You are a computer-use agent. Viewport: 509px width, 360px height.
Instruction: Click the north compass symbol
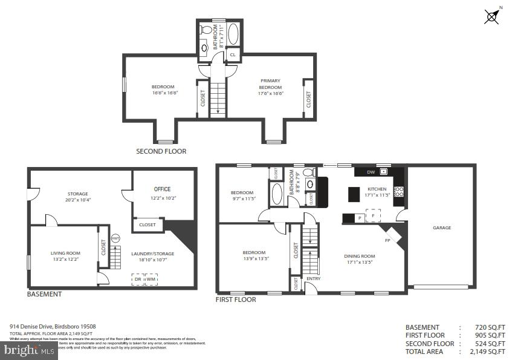(492, 16)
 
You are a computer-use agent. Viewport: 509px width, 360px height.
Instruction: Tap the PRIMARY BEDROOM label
(270, 87)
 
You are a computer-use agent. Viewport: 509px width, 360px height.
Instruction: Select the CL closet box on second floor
(233, 54)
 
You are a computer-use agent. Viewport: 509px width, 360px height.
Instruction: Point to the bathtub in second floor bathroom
(233, 34)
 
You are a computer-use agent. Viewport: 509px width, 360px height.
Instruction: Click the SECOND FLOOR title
(161, 151)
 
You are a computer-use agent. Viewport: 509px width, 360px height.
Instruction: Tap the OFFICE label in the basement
(162, 189)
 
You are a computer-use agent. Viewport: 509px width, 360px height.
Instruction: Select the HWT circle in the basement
(115, 238)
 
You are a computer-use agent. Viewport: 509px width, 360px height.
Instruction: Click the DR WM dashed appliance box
(145, 279)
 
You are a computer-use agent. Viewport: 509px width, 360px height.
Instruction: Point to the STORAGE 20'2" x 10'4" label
(77, 197)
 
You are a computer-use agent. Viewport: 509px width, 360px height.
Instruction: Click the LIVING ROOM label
(65, 256)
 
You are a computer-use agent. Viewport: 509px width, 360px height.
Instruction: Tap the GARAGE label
(441, 228)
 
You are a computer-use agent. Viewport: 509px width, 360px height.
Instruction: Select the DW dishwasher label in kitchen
(371, 172)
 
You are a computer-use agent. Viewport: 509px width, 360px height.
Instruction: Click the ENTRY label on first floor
(313, 278)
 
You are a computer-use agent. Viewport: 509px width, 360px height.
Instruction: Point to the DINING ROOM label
(359, 260)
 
